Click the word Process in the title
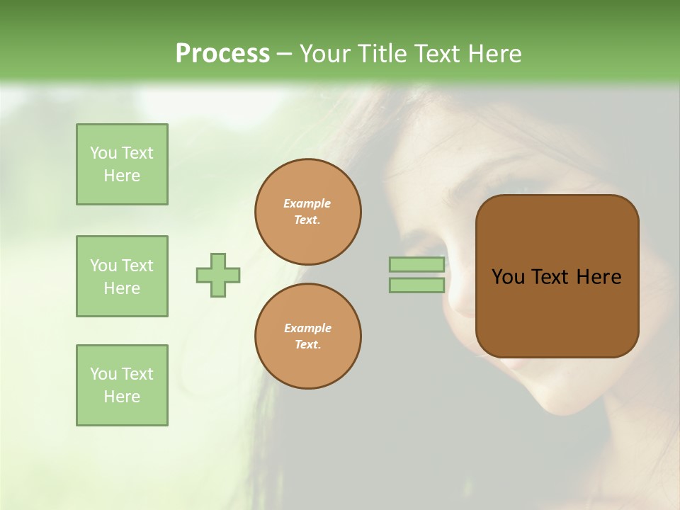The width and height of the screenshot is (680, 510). [222, 54]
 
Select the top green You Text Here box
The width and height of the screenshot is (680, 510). [122, 164]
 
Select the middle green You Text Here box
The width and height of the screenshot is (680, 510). [122, 276]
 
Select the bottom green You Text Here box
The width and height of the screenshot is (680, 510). [122, 385]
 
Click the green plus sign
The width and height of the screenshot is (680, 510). [218, 275]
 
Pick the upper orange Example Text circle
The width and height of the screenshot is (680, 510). [308, 212]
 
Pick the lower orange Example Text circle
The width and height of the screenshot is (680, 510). [308, 336]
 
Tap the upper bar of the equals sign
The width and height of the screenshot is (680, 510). [416, 265]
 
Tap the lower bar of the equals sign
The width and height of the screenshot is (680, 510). [416, 285]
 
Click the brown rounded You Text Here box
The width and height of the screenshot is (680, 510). [557, 312]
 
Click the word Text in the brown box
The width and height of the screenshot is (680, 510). [550, 277]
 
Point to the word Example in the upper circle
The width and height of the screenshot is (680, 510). [307, 203]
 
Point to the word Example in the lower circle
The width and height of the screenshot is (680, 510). [307, 328]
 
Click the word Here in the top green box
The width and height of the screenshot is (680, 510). [122, 176]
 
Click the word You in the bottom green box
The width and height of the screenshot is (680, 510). [103, 374]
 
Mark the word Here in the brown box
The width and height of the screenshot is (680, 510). [599, 277]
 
